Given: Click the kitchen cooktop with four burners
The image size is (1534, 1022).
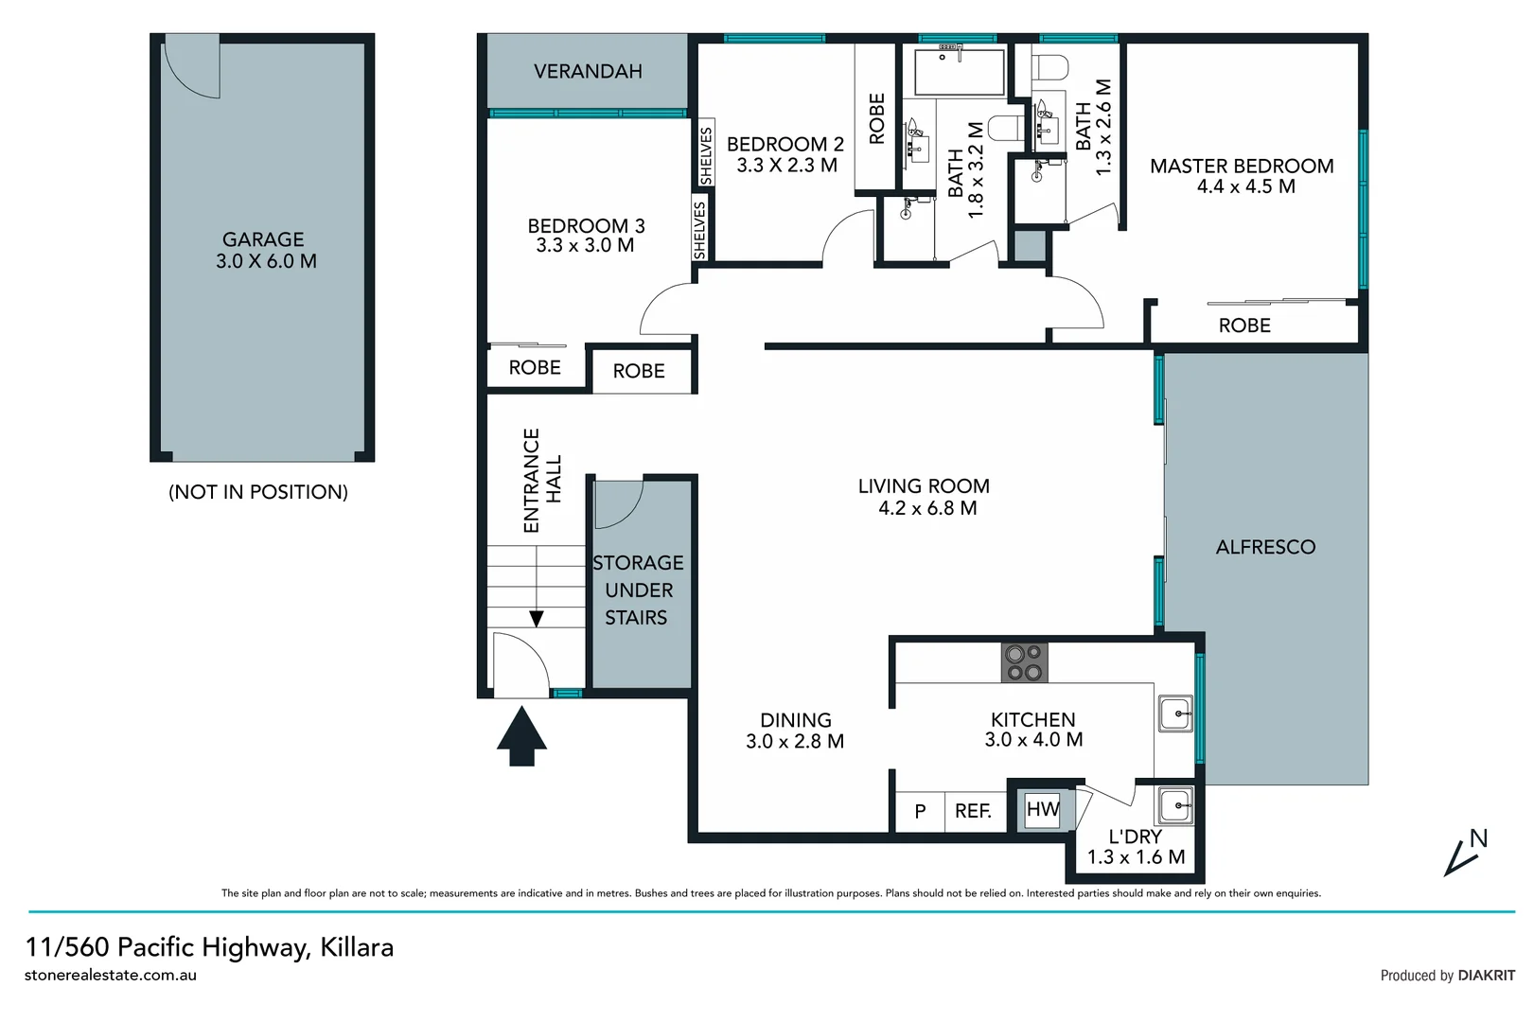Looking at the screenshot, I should click(1024, 661).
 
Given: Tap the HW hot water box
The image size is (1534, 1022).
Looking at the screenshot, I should click(1042, 809).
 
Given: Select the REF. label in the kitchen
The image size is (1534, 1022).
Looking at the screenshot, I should click(973, 811).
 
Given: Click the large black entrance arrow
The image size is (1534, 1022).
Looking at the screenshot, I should click(521, 736).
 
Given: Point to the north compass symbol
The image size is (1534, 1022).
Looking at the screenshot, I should click(1465, 852).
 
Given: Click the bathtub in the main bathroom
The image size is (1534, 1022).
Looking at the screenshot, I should click(959, 72).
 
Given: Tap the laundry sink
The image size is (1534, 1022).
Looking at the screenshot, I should click(1174, 805).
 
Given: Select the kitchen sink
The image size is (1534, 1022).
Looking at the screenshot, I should click(1174, 713).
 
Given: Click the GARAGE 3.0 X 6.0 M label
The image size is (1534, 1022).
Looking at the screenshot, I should click(264, 251).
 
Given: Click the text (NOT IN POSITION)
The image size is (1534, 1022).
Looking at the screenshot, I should click(257, 492).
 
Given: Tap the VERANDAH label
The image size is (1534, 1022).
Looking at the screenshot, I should click(588, 72).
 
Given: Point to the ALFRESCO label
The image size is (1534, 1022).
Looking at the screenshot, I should click(1265, 547).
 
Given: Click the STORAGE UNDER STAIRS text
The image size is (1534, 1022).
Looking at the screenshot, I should click(638, 590).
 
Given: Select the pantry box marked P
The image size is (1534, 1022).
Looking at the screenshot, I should click(920, 811).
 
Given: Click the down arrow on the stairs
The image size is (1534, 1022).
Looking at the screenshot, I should click(537, 619).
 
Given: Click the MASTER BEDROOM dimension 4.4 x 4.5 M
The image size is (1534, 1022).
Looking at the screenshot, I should click(1245, 186).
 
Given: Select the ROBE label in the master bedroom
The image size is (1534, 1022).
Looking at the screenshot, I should click(1243, 326).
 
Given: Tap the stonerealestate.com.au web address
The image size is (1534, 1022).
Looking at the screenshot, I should click(111, 975).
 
